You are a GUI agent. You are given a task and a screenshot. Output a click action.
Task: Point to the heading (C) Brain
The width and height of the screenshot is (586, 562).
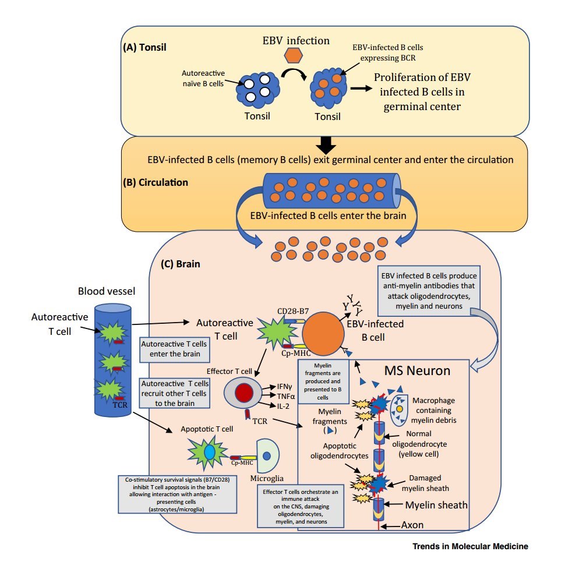(181, 263)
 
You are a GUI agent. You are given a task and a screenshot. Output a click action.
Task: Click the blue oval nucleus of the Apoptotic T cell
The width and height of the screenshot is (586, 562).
(210, 452)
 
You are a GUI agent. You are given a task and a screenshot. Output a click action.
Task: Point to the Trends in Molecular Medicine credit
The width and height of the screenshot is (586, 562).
(469, 547)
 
